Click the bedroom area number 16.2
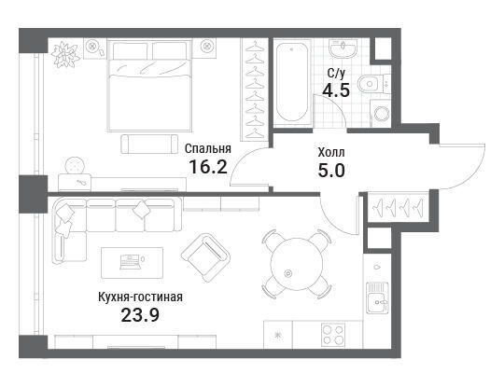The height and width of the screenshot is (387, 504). pos(208,167)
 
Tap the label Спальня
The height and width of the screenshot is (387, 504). pos(208,148)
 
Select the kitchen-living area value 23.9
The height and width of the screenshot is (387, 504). pos(140,315)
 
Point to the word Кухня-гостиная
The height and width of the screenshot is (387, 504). pos(140,297)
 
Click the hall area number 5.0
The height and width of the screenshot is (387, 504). pos(331,171)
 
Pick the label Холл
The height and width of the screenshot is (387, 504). pos(331,152)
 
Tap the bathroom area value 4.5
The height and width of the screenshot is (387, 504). pos(336,90)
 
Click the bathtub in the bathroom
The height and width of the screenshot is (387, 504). pos(292,82)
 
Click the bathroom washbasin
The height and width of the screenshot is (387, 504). pos(343,48)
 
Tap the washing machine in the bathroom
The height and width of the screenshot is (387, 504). pos(380,113)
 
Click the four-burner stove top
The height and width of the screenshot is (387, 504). pos(333,335)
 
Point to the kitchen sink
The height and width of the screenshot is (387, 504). pos(377,298)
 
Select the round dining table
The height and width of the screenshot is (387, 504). pos(297,264)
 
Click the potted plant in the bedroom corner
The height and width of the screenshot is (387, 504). pos(65,54)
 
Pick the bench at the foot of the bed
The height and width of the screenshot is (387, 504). pos(149,144)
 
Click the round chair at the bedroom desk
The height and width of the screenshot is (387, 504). pos(76,166)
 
